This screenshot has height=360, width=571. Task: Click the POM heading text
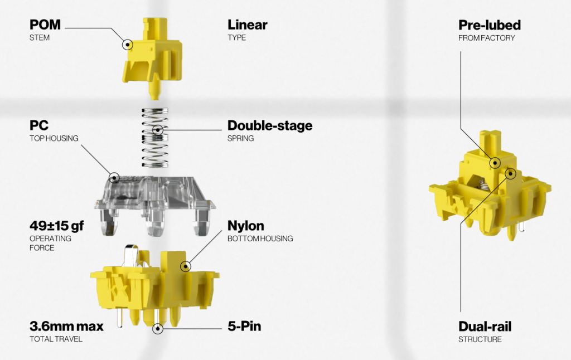pos(45,25)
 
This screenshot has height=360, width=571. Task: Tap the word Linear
pos(247,25)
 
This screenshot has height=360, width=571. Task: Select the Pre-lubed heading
pos(489,25)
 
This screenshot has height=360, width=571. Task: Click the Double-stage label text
pos(269,126)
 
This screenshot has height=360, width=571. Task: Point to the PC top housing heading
pos(39,126)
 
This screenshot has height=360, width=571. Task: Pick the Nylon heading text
pos(245,226)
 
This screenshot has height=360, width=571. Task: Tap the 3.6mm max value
pos(66,327)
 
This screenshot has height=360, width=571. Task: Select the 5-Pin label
pos(244,327)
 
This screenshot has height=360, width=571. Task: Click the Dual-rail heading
pos(485,327)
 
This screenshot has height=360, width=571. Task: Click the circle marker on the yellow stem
pos(128,43)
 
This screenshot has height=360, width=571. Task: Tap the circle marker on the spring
pos(158,130)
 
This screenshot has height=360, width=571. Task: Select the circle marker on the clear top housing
pos(114,178)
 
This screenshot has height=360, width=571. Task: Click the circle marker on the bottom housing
pos(185,266)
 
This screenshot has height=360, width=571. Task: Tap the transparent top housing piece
pos(151,195)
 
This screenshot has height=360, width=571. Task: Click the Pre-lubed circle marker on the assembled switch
pos(494,163)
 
